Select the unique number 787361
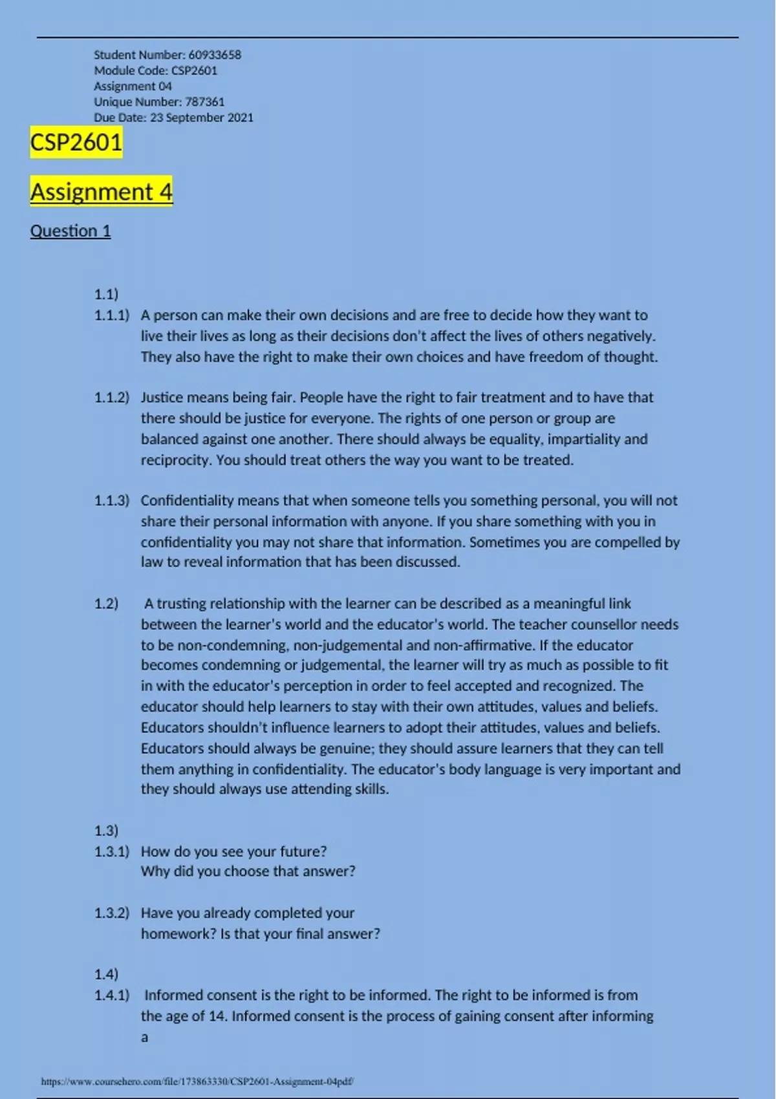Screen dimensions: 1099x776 click(x=204, y=101)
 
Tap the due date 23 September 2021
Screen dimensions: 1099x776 click(x=202, y=118)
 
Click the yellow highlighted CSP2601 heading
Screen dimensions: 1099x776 click(x=76, y=142)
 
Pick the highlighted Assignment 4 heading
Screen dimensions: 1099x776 click(x=101, y=192)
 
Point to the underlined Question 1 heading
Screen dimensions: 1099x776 click(x=70, y=231)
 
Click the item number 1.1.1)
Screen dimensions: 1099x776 click(x=111, y=315)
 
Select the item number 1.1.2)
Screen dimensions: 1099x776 click(x=111, y=398)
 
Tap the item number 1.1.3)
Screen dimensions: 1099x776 click(x=111, y=500)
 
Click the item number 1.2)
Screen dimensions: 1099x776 click(x=106, y=604)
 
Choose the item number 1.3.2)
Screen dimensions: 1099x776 click(x=111, y=913)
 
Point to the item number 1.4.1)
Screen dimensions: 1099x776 click(x=111, y=995)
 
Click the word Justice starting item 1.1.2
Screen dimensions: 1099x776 click(x=162, y=398)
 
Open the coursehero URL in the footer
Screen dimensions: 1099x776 click(x=197, y=1081)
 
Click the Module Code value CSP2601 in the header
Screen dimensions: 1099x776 click(x=194, y=70)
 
